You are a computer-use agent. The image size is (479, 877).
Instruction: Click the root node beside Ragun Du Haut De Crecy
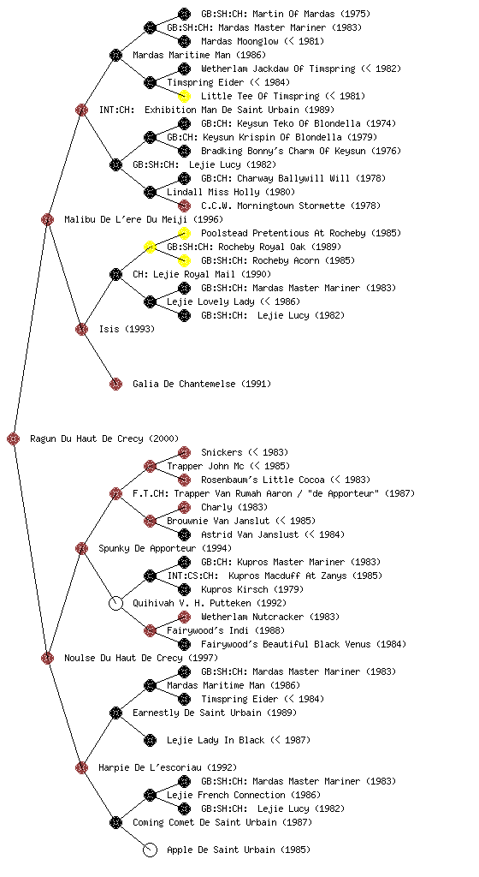point(14,438)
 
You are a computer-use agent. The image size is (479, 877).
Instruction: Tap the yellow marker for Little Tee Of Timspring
point(184,96)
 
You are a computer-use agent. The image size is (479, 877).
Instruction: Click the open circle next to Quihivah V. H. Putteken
point(115,603)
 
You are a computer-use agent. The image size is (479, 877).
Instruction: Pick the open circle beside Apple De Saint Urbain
point(150,850)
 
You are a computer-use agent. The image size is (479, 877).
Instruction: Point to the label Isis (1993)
point(127,329)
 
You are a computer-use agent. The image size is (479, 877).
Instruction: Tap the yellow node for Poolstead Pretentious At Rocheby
point(184,233)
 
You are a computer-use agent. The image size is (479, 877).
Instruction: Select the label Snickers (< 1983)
point(245,452)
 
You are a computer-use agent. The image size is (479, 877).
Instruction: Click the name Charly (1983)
point(234,507)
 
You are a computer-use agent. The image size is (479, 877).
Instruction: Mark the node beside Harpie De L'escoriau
point(81,767)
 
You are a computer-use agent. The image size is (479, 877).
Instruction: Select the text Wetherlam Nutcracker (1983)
point(270,617)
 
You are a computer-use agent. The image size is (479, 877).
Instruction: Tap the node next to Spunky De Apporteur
point(81,548)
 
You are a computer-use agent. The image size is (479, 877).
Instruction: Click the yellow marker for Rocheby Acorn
point(184,260)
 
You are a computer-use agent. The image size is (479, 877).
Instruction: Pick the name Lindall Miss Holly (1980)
point(231,192)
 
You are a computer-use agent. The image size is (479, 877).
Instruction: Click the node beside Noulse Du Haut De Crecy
point(47,658)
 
